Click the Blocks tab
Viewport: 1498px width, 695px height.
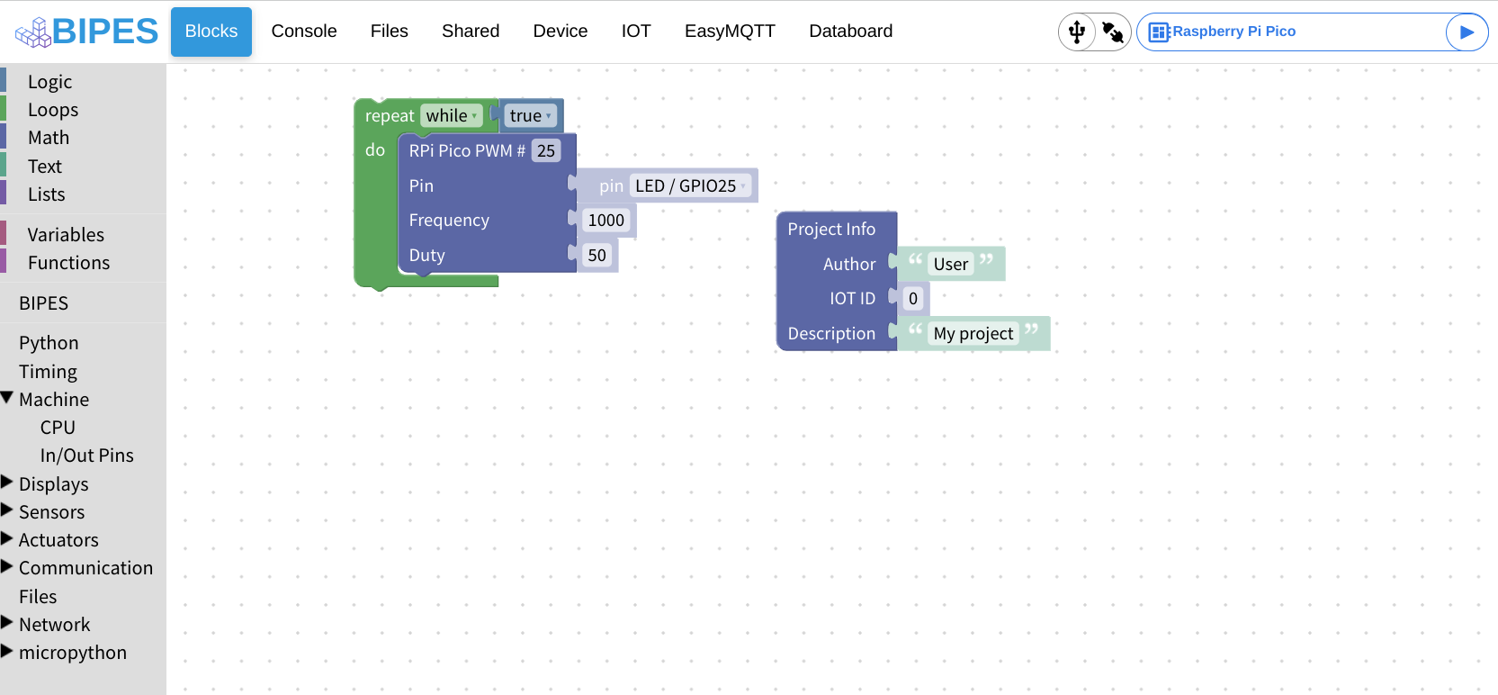click(x=211, y=32)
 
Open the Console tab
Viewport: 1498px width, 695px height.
click(x=304, y=32)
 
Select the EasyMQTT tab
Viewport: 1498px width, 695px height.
click(x=729, y=32)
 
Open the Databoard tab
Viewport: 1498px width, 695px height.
click(x=850, y=32)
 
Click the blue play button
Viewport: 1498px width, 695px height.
click(x=1466, y=32)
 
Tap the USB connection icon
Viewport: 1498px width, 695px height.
click(x=1077, y=32)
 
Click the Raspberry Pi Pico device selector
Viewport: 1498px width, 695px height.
click(x=1287, y=32)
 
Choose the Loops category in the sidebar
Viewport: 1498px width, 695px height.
click(x=53, y=110)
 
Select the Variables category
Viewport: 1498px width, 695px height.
click(x=66, y=235)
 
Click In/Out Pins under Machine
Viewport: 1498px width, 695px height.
click(x=86, y=456)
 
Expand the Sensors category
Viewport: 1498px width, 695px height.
click(x=51, y=512)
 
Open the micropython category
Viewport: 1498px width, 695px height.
click(x=72, y=653)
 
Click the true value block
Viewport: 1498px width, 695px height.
click(x=530, y=116)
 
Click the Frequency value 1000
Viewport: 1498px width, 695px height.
click(x=605, y=221)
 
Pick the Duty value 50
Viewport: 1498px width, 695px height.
click(x=597, y=256)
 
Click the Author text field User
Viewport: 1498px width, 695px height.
click(x=950, y=265)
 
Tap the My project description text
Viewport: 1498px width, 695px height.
click(x=973, y=334)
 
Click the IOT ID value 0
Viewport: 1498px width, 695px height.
click(x=912, y=299)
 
